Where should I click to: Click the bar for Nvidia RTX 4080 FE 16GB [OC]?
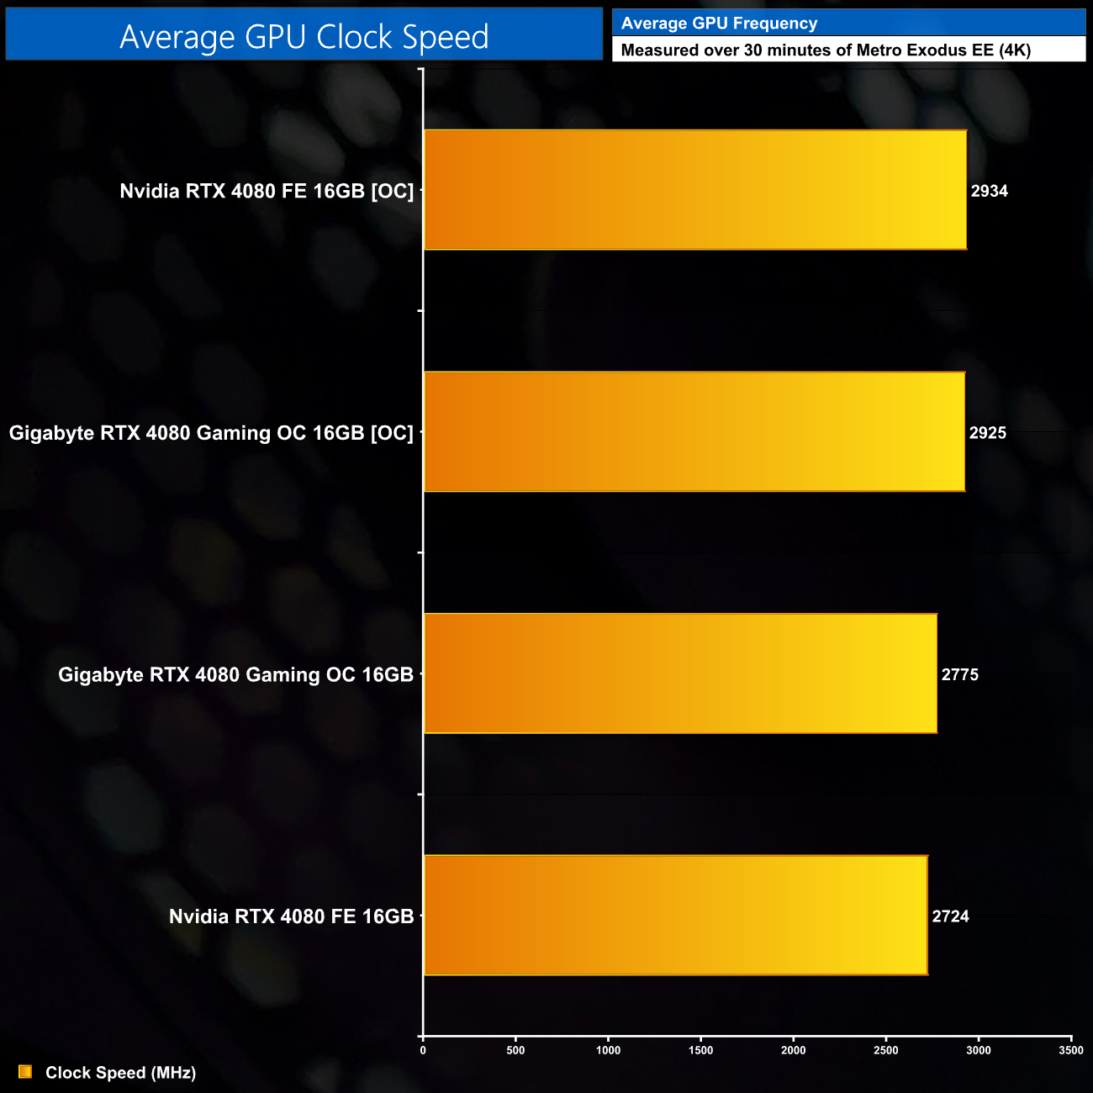694,190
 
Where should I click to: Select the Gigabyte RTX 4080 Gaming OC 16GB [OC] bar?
694,431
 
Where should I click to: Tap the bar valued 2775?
680,673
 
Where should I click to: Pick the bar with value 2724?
675,915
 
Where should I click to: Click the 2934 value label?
989,191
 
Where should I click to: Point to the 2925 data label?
987,433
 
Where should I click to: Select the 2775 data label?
959,674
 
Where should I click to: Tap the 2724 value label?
950,916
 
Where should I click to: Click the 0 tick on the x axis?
423,1050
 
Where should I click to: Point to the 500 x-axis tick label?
515,1050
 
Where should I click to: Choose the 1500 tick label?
700,1050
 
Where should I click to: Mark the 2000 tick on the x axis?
793,1050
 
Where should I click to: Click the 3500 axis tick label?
1070,1050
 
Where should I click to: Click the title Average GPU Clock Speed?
304,36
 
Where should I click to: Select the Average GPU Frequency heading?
719,24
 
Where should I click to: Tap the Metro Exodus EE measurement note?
825,50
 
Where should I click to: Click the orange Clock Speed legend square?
25,1072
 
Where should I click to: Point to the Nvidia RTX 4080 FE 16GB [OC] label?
267,191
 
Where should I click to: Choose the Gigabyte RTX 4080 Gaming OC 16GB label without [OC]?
235,674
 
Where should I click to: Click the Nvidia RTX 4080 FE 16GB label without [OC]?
291,916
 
